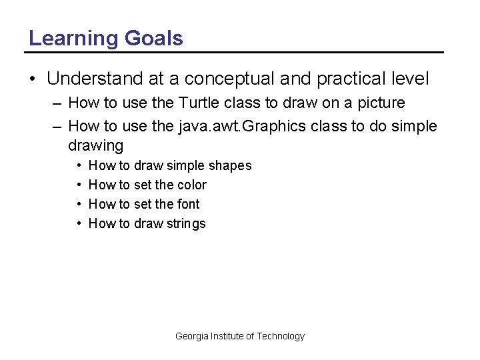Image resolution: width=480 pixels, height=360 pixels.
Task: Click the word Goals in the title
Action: (153, 38)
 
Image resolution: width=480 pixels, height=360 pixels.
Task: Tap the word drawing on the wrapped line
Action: (96, 145)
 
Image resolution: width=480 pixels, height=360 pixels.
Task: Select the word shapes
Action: (230, 165)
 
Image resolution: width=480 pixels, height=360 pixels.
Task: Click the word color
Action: (193, 185)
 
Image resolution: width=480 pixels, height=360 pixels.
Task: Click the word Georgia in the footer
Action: (191, 336)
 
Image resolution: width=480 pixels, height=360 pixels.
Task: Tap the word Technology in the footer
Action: (281, 336)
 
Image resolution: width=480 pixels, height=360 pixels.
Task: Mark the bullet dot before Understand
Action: (33, 79)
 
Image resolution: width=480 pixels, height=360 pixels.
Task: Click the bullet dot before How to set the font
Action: (79, 204)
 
